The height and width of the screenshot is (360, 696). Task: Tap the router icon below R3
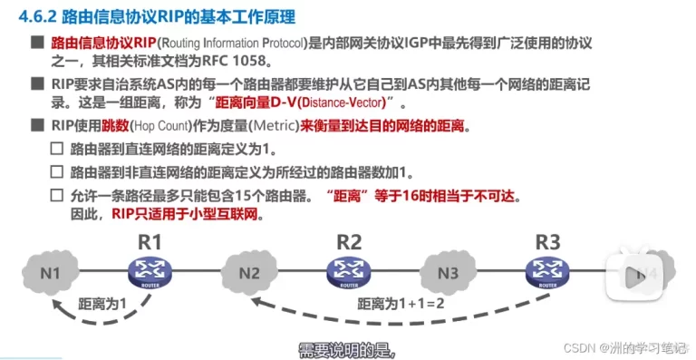tap(546, 269)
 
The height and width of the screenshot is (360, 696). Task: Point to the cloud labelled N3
tap(447, 271)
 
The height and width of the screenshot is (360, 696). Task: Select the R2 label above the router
tap(349, 241)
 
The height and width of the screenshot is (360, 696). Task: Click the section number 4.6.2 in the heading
tap(37, 17)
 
